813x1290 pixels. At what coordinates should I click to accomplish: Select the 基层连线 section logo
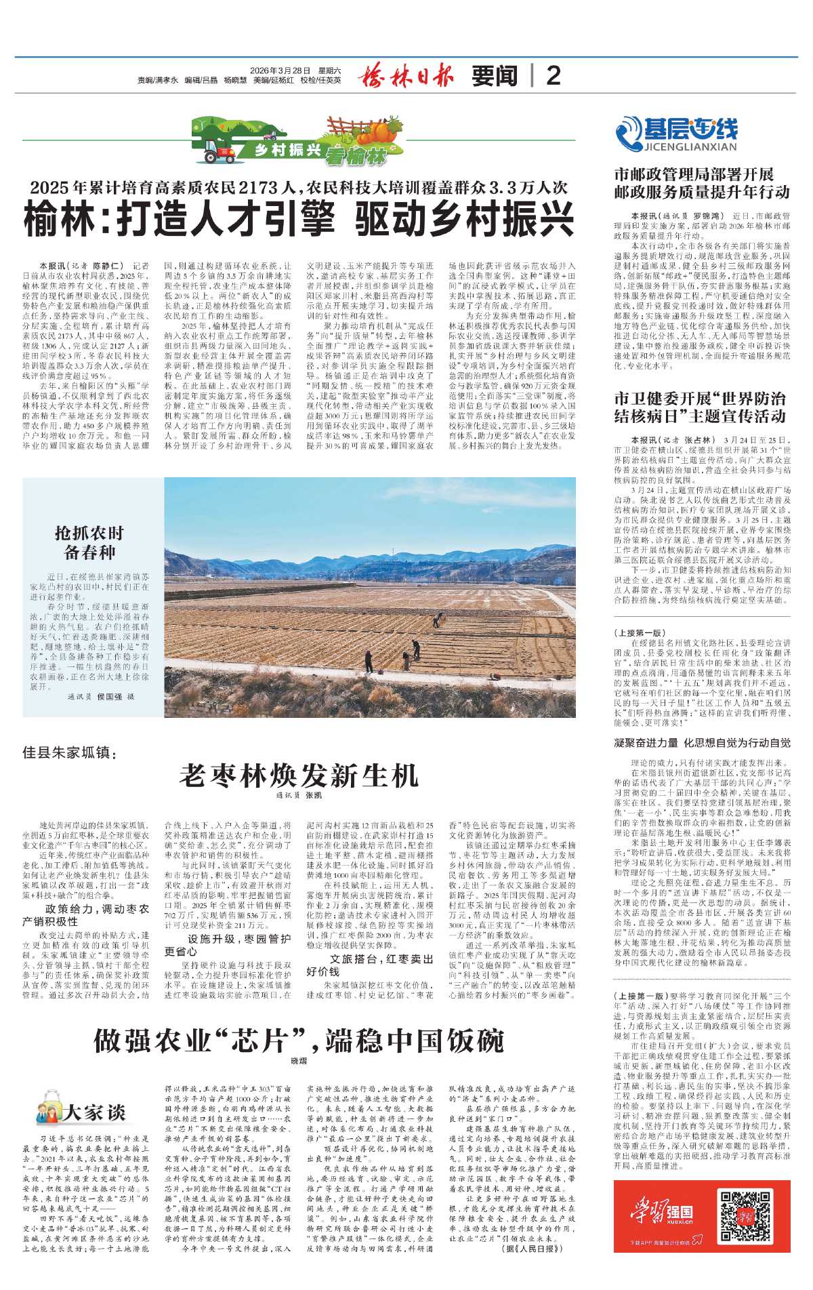coord(676,133)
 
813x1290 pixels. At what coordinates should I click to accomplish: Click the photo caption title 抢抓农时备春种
coord(89,542)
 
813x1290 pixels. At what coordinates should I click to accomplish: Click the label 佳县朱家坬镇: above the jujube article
coord(70,753)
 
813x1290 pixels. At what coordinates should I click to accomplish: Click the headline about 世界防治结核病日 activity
coord(700,407)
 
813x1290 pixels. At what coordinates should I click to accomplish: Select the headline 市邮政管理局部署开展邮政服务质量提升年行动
coord(702,183)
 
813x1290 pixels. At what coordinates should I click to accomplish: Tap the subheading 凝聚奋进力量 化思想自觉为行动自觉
coord(702,742)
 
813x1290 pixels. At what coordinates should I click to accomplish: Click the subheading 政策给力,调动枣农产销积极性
coord(86,915)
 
